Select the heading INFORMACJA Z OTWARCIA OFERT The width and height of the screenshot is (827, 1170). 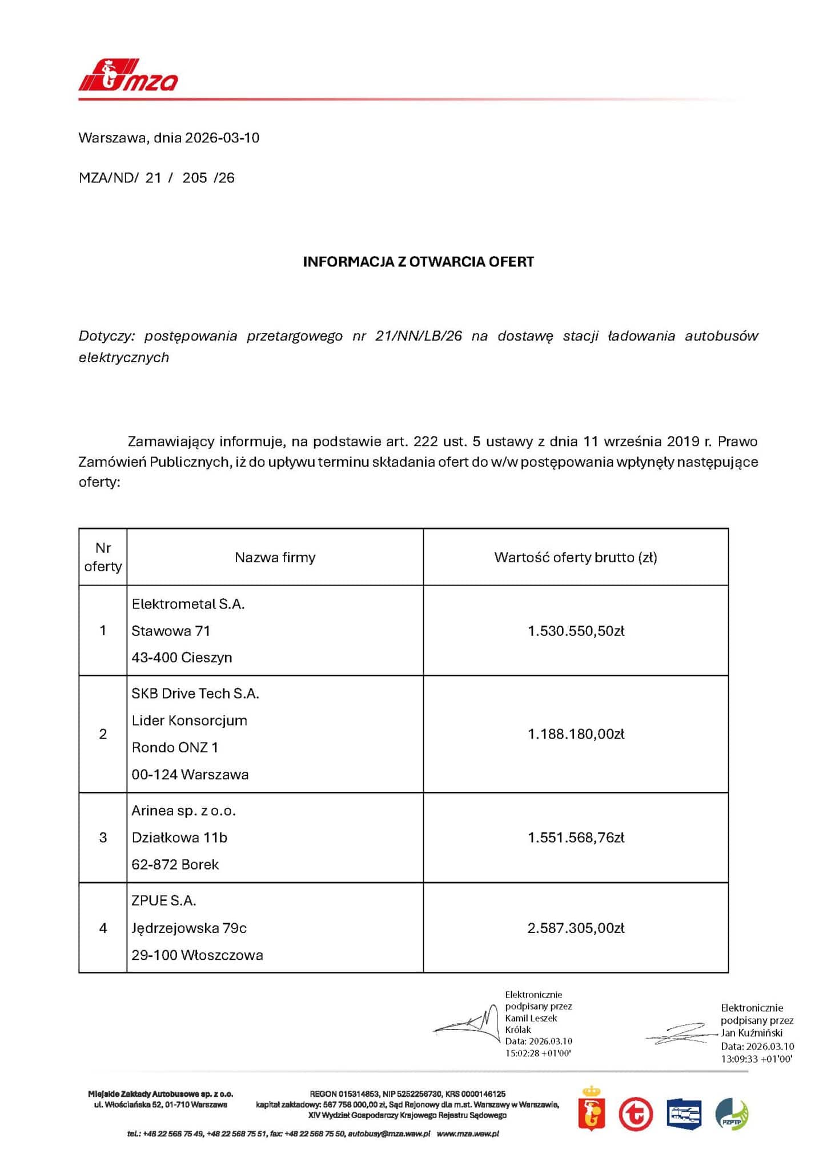[418, 262]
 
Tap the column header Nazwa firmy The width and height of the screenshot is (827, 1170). [275, 557]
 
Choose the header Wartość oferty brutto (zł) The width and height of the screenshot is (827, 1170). [576, 557]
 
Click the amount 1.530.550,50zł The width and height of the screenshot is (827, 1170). [576, 631]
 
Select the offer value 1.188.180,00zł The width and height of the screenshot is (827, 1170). [576, 734]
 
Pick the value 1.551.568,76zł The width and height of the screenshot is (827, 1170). [576, 838]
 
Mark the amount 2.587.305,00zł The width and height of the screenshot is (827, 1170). [576, 928]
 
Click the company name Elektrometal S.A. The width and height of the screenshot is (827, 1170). [188, 604]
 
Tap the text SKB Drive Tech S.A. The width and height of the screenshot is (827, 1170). [195, 694]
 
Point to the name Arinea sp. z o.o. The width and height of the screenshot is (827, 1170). [183, 811]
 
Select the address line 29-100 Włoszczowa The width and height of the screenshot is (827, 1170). [197, 955]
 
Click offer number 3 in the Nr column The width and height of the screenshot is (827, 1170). [103, 838]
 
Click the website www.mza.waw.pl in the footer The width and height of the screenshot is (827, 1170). [468, 1133]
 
